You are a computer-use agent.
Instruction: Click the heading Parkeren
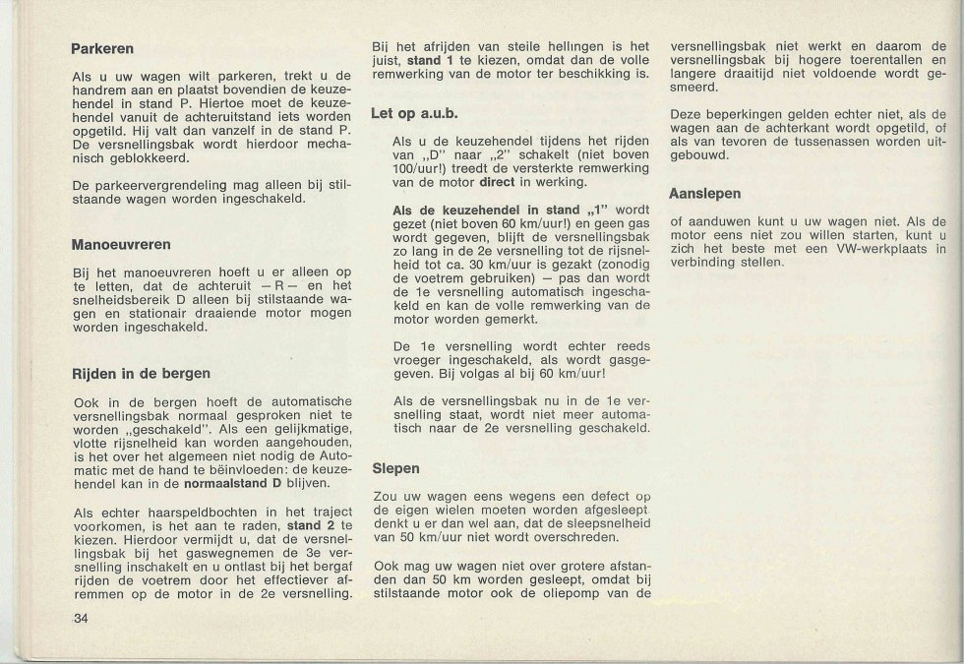[x=102, y=48]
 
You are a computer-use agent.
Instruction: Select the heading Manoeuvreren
[x=122, y=243]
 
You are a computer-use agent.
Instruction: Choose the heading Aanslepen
[x=704, y=194]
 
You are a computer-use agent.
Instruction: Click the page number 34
[x=80, y=618]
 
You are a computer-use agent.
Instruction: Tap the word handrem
[x=96, y=90]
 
